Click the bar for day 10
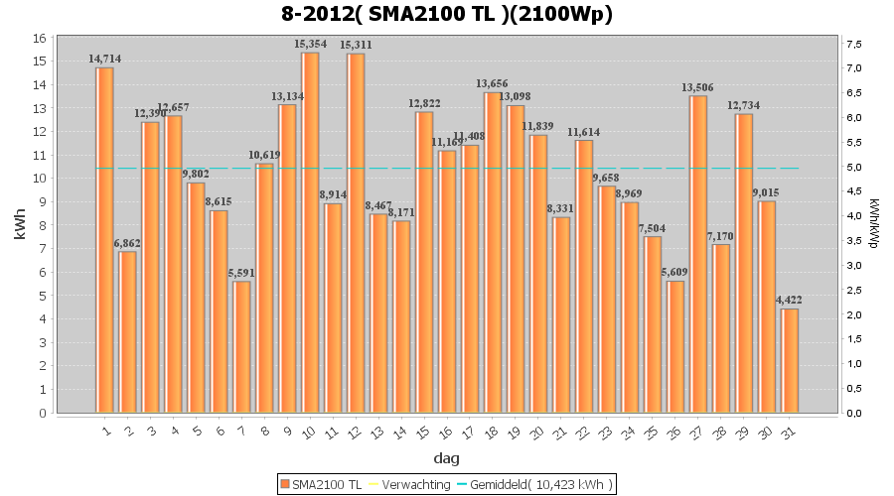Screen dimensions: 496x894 click(x=310, y=232)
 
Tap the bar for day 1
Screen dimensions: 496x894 click(x=104, y=239)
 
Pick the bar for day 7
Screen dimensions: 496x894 click(x=241, y=346)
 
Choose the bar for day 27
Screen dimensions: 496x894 click(x=698, y=254)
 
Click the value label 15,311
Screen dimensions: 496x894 click(x=356, y=46)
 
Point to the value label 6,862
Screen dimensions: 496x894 click(x=128, y=243)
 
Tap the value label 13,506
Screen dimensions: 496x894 click(x=697, y=87)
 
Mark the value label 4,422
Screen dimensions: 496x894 click(x=789, y=301)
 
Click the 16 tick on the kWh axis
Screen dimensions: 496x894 click(x=39, y=38)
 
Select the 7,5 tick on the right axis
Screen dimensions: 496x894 click(x=853, y=44)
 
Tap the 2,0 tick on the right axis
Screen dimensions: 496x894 click(x=853, y=314)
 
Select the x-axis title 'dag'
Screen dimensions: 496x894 click(x=446, y=458)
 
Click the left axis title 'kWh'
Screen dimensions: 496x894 click(x=20, y=225)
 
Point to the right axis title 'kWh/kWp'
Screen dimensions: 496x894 click(x=874, y=225)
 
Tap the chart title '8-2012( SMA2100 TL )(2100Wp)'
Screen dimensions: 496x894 click(x=446, y=14)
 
